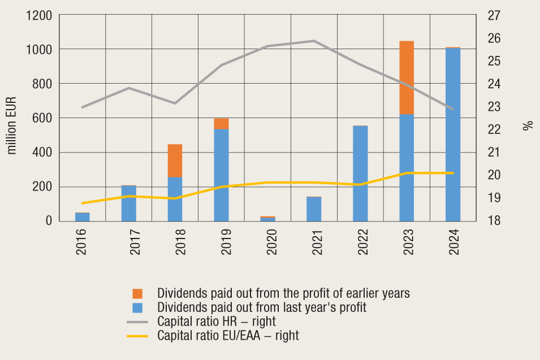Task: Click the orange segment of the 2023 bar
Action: pyautogui.click(x=407, y=77)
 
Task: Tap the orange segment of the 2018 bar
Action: pyautogui.click(x=175, y=161)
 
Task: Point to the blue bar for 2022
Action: pyautogui.click(x=360, y=174)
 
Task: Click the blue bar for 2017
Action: pyautogui.click(x=128, y=203)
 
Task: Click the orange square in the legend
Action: pyautogui.click(x=137, y=294)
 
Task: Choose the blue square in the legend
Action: pyautogui.click(x=137, y=308)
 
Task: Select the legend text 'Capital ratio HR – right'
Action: pyautogui.click(x=217, y=322)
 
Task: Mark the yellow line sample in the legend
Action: pyautogui.click(x=137, y=336)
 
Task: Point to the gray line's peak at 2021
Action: pyautogui.click(x=314, y=41)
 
